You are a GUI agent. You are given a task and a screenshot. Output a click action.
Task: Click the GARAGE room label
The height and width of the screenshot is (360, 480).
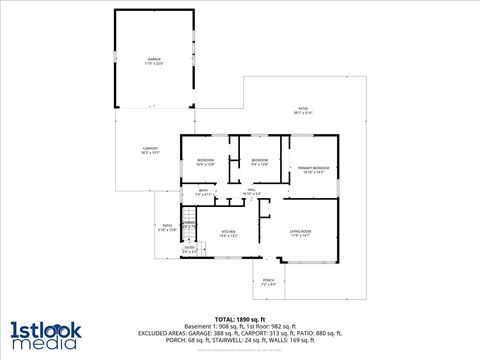point(154,59)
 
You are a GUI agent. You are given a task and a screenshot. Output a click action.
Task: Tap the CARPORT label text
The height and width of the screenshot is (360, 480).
point(150,148)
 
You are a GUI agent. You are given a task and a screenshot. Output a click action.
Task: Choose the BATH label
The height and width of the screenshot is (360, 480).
point(203,190)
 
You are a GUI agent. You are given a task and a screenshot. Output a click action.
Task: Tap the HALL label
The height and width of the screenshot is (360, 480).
point(252,189)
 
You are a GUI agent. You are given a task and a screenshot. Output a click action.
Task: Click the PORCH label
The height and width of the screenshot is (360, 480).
point(268,280)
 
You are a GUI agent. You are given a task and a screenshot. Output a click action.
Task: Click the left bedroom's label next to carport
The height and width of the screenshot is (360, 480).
point(204,160)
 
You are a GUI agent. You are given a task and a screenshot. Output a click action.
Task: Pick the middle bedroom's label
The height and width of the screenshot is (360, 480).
point(259,160)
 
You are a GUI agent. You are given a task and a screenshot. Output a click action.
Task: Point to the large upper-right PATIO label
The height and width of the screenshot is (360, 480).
point(303,108)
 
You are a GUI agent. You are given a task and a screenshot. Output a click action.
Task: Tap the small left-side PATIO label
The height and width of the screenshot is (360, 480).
point(167,225)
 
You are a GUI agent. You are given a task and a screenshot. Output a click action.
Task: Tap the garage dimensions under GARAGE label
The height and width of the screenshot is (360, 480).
point(154,64)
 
